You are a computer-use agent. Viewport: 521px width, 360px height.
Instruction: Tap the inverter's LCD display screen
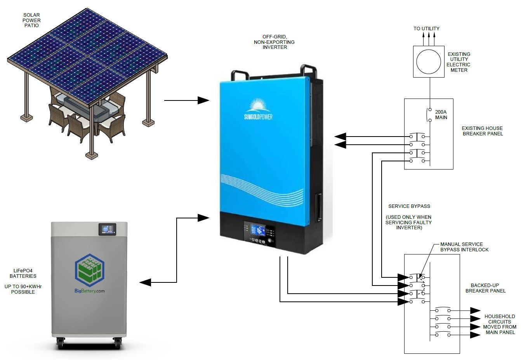point(258,230)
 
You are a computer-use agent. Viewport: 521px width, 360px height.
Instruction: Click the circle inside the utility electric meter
point(429,61)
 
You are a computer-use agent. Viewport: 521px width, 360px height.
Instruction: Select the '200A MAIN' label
point(441,114)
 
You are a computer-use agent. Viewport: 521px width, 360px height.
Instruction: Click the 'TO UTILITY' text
point(426,28)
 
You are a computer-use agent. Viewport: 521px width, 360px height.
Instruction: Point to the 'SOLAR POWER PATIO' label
point(31,20)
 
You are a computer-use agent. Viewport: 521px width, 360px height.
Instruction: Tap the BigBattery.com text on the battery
point(89,291)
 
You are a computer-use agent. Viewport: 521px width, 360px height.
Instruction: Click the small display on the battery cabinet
point(108,229)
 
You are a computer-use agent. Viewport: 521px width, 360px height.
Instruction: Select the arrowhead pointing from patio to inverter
point(203,100)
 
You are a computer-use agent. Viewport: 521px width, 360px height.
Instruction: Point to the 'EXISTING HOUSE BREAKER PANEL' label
point(482,131)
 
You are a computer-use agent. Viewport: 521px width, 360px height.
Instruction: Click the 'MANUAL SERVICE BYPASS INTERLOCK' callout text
point(464,247)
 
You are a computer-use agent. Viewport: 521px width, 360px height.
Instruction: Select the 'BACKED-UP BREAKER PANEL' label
point(485,288)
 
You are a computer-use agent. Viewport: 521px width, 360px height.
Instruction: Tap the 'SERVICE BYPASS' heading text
point(409,206)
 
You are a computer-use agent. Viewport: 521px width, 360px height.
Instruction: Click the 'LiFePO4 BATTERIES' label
point(23,273)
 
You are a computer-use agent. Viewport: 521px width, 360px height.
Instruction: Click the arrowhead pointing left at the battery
point(146,282)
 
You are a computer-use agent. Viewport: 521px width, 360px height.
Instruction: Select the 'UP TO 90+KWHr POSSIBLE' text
point(23,289)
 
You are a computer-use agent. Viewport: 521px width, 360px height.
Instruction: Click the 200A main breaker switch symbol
point(429,114)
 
